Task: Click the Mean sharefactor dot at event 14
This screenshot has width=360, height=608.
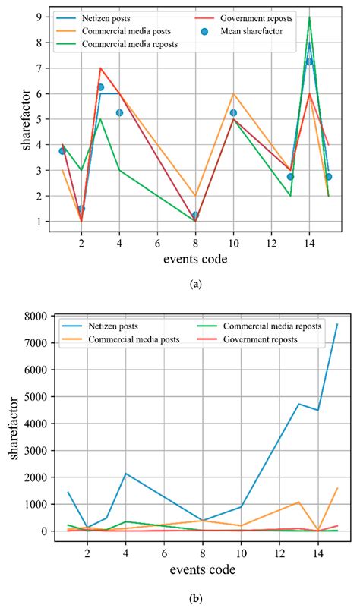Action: [309, 61]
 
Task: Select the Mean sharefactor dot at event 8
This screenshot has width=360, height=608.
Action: [195, 215]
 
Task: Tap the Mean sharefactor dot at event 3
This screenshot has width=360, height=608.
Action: [100, 87]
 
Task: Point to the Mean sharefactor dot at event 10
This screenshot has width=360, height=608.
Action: [233, 112]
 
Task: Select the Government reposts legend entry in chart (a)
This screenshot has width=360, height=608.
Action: [255, 16]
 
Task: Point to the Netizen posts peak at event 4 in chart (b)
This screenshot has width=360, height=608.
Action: [125, 474]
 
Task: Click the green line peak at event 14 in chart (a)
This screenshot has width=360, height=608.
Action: [309, 17]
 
